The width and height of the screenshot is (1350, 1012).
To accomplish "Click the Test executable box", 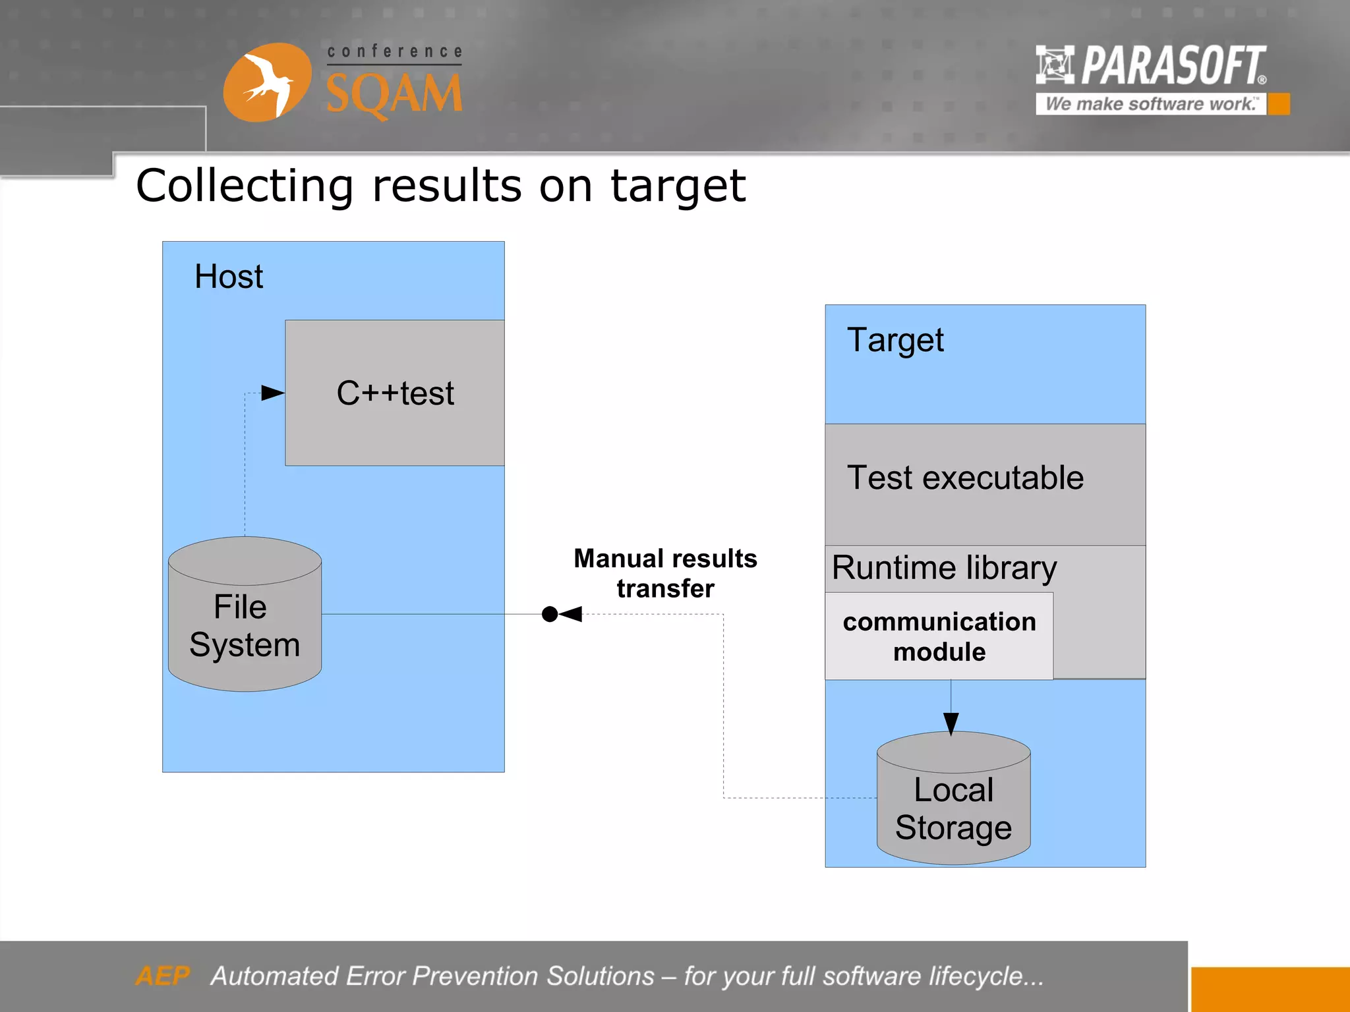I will coord(965,478).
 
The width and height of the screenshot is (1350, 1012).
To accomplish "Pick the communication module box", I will coord(939,636).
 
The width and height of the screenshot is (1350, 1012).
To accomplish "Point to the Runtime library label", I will coord(944,568).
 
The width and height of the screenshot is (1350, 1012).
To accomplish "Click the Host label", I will coord(229,277).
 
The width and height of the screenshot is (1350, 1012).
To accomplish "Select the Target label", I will coord(895,341).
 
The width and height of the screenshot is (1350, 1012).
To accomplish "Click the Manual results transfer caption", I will coord(665,573).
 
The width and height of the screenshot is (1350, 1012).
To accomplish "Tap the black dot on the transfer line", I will coord(549,614).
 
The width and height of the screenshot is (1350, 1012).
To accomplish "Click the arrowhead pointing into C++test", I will coord(272,393).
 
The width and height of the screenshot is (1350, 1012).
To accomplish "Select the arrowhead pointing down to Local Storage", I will coord(951,723).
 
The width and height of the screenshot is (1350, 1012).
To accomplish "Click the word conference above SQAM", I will coord(394,51).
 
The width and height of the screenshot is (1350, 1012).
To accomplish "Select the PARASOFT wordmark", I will coord(1173,65).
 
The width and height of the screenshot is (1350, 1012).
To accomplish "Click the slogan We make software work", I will coord(1150,104).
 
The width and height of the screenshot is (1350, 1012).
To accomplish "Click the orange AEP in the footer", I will coord(162,976).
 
